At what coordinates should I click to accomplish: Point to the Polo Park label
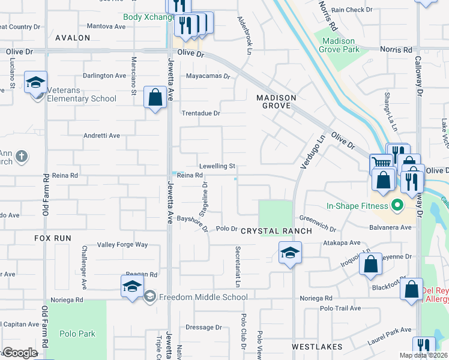click(x=77, y=334)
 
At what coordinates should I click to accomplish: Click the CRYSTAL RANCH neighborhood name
click(x=276, y=231)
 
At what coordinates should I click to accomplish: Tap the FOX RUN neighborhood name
click(x=53, y=238)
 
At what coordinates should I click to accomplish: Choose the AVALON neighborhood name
click(x=73, y=38)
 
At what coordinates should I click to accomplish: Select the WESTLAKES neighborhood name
click(x=317, y=347)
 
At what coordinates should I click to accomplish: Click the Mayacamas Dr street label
click(x=208, y=76)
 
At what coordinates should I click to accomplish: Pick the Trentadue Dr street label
click(x=201, y=113)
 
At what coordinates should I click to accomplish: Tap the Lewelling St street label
click(x=217, y=166)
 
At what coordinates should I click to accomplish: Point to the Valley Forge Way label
click(x=122, y=245)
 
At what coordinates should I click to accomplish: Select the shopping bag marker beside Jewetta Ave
click(x=155, y=98)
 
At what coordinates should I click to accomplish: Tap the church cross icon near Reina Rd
click(x=22, y=157)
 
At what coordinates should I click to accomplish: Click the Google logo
click(x=19, y=353)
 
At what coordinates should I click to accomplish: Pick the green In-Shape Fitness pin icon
click(x=396, y=206)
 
